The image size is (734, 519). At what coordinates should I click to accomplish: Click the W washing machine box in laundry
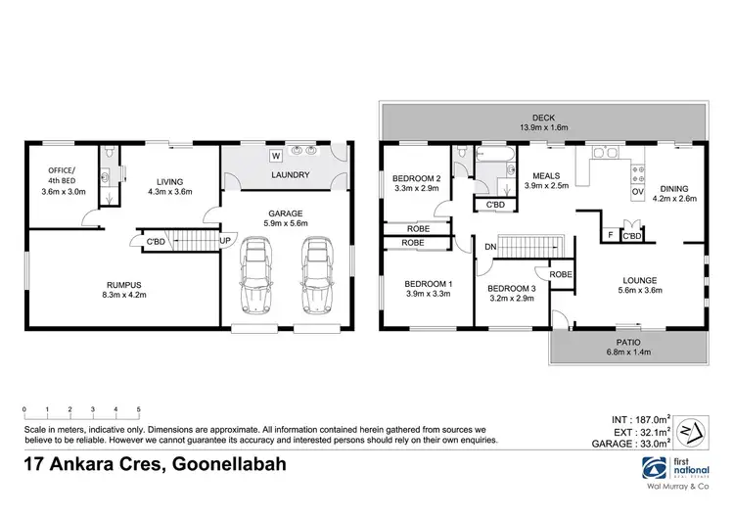276,155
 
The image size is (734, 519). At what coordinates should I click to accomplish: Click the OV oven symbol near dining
637,192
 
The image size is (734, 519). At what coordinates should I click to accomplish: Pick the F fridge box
611,236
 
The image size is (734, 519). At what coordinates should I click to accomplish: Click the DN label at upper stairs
487,247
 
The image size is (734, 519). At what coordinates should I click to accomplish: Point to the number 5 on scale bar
138,409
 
